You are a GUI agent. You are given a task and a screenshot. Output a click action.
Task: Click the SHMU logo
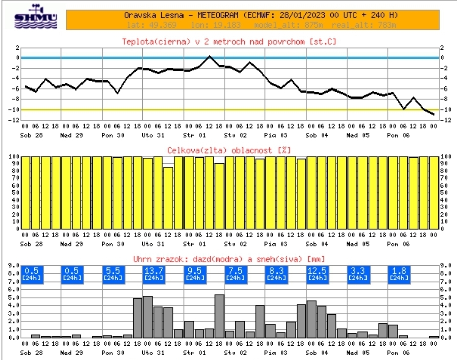36,18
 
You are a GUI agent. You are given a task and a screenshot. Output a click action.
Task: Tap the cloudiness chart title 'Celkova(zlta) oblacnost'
230,150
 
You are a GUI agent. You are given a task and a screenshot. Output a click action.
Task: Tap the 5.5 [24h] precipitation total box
113,274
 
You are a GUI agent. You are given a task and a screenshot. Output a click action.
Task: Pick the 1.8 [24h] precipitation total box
399,274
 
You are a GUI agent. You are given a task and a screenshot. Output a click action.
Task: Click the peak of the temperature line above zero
209,56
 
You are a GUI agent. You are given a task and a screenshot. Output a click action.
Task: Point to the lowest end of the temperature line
434,115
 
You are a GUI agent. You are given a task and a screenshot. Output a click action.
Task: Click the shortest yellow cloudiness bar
168,198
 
